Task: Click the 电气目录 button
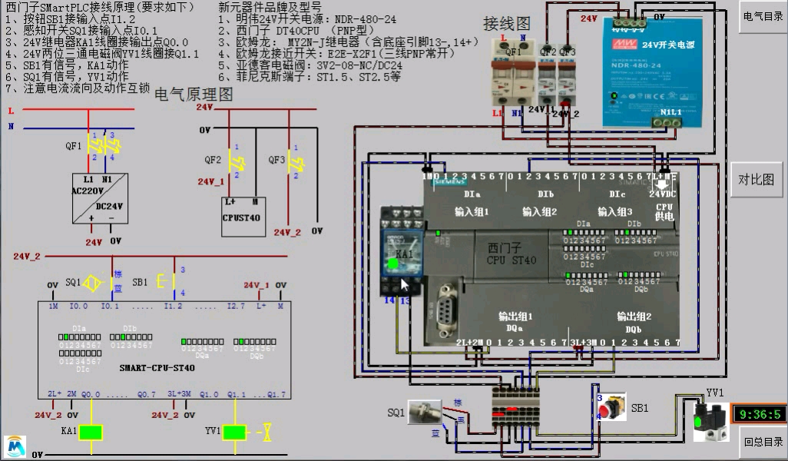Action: pos(763,17)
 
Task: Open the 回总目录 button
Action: pos(763,442)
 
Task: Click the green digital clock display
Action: pos(759,415)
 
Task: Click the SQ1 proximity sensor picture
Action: pos(424,413)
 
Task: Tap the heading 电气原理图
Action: pos(194,95)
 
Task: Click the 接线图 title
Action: pos(507,25)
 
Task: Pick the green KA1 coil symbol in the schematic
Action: pos(91,432)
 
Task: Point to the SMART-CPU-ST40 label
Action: pos(157,368)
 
